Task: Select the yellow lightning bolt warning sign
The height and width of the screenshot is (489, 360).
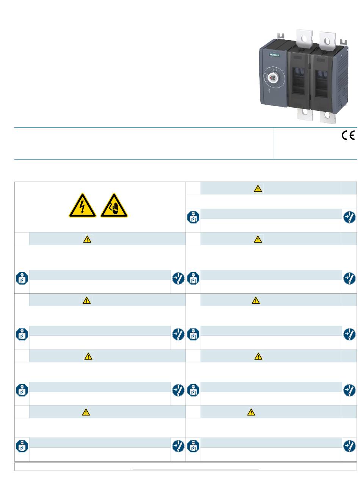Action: point(82,205)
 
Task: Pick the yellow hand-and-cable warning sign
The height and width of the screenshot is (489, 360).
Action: point(114,205)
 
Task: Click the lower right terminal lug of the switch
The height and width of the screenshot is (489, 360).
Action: point(328,117)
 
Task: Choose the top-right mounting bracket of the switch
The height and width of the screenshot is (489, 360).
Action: point(343,41)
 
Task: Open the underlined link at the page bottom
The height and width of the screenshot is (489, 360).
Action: point(196,468)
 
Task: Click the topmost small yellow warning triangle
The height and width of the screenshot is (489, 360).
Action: point(258,188)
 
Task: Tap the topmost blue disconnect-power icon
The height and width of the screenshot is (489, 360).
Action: point(349,217)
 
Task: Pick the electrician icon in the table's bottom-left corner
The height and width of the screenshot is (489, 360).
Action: point(22,446)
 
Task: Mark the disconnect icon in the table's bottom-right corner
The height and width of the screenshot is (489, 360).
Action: point(349,446)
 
